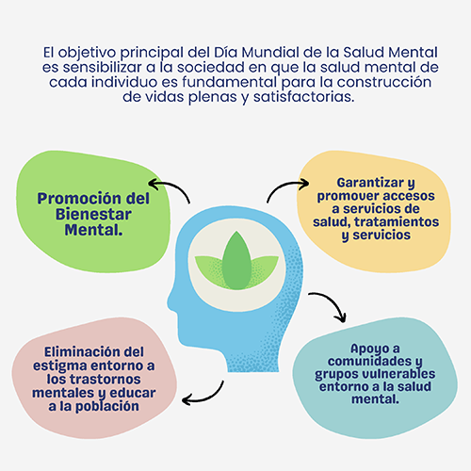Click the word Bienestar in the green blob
coord(93,215)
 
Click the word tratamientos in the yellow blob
coord(397,221)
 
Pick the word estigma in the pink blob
coord(60,366)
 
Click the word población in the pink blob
coord(107,406)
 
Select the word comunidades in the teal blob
coord(369,361)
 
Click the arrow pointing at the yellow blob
coord(285,186)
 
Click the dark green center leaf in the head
coord(236,261)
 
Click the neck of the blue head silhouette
coord(252,358)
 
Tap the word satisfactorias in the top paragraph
coord(304,97)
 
